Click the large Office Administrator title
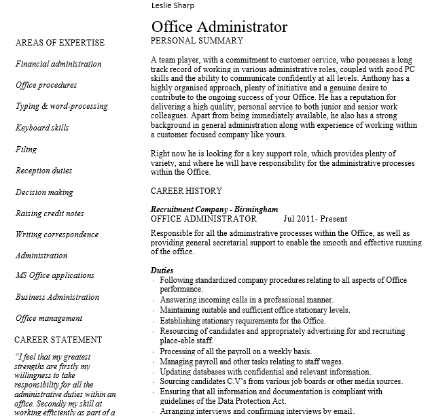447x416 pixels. click(219, 27)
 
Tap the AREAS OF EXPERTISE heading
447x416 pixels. click(60, 43)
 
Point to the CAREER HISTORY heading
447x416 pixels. click(186, 191)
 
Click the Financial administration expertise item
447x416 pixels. click(58, 64)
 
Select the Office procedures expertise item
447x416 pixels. click(46, 86)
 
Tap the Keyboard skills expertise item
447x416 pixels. click(42, 128)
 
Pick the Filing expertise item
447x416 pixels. click(26, 150)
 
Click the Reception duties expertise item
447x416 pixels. click(43, 171)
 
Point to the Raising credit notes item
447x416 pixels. click(50, 213)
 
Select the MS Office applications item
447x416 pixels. click(55, 275)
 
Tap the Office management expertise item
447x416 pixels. click(49, 318)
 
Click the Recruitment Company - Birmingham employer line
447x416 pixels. click(204, 210)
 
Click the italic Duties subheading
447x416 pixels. click(162, 270)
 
